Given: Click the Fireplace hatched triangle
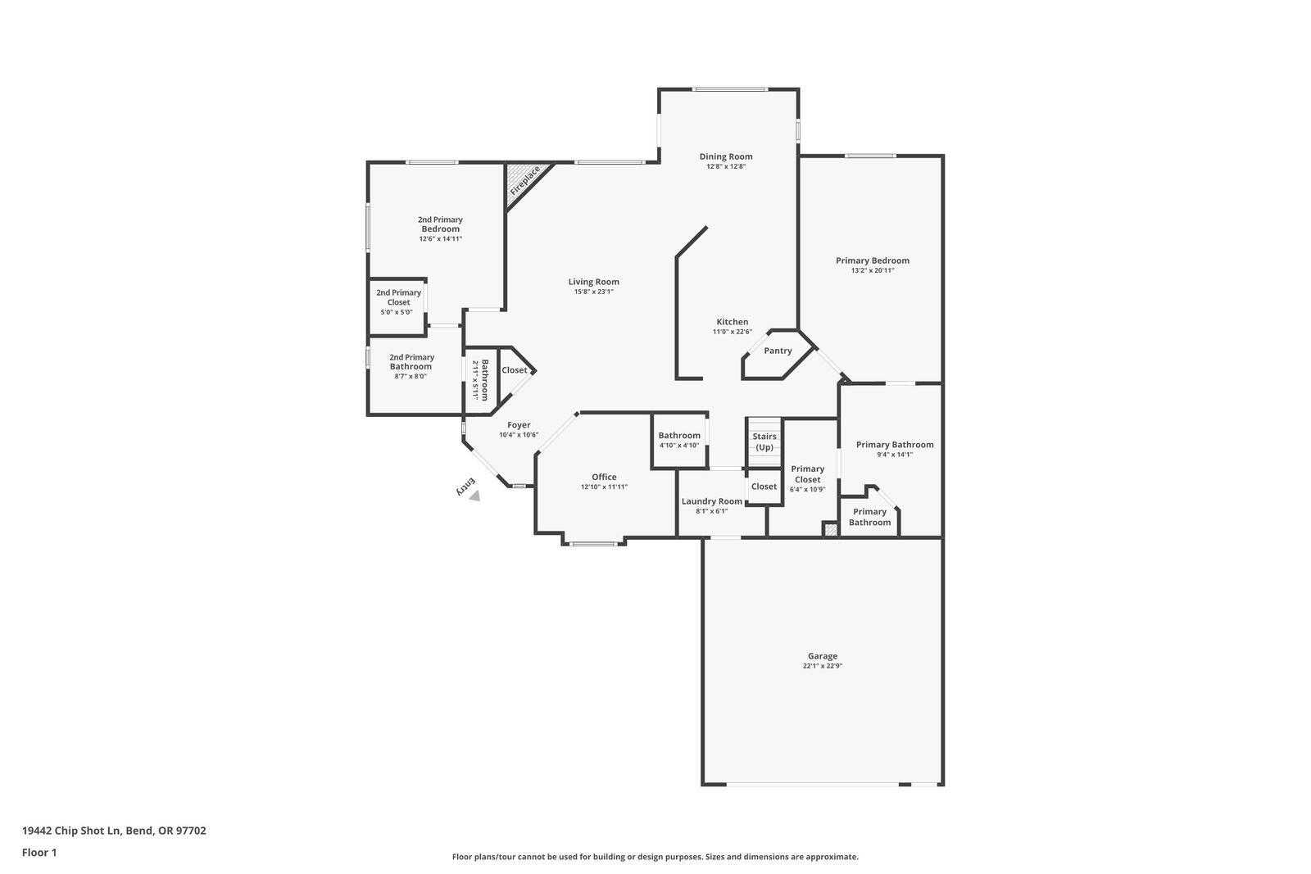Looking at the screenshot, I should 522,181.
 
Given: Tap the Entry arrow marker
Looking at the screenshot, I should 474,495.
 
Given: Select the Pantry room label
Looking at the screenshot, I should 778,351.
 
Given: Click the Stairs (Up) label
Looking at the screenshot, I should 764,442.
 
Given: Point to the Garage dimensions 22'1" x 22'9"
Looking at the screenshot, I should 822,666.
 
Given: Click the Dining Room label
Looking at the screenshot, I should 725,156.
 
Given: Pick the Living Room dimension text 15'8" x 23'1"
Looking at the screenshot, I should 593,292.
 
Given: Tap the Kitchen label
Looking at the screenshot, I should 732,322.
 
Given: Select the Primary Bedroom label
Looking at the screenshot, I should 872,260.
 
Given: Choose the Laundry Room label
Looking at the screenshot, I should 711,501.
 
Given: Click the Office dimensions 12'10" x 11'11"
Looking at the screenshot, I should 604,487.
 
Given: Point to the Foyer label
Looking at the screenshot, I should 518,425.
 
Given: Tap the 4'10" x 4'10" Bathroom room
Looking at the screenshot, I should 679,440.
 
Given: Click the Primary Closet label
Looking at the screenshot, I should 807,474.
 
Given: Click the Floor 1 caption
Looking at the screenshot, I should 39,853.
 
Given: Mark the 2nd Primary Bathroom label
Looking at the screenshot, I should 411,362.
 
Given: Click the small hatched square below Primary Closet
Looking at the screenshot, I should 831,531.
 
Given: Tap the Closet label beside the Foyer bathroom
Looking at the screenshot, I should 515,370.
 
